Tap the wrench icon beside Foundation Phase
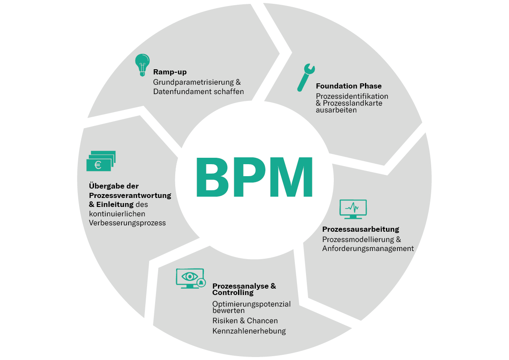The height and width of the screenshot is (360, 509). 306,77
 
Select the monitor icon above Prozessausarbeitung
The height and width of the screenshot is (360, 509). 353,209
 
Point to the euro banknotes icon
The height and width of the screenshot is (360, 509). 101,161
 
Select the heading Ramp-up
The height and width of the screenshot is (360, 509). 170,72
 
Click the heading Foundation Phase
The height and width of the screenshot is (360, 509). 349,86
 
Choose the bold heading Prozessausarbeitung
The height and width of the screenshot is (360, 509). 361,229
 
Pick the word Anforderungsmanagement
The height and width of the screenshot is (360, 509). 368,248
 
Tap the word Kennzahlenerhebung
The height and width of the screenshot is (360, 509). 249,331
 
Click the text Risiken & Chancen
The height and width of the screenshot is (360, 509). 245,321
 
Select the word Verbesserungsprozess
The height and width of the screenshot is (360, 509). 127,223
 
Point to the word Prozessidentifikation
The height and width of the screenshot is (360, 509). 352,96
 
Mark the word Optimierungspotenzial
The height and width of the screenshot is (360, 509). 251,304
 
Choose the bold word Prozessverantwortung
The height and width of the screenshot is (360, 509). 130,195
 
